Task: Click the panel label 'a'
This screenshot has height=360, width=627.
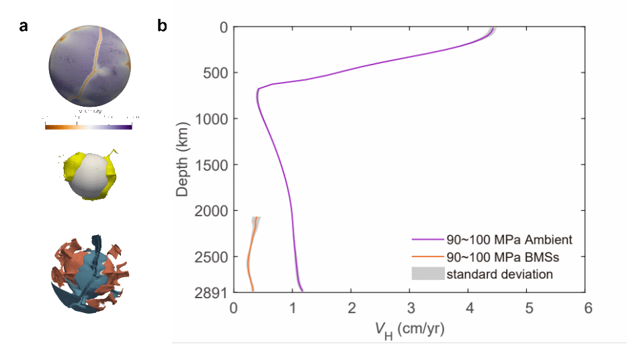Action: (24, 27)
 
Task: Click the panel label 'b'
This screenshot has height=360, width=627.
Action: (162, 27)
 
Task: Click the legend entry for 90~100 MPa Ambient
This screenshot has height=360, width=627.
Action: (509, 240)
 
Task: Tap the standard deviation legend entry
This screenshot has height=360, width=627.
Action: (499, 273)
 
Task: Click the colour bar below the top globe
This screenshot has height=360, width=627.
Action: (89, 126)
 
